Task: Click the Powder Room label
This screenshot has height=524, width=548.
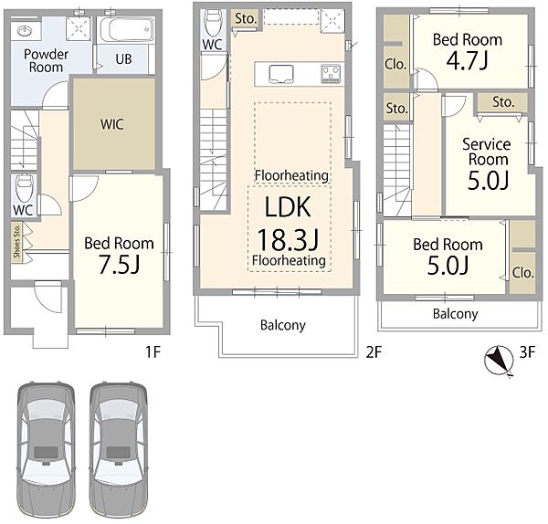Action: [46, 60]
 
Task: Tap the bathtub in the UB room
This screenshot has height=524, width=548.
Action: [127, 30]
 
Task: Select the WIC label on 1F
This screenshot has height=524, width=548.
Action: [111, 124]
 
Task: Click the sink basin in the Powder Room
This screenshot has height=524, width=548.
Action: [25, 31]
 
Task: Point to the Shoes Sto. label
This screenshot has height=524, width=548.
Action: [16, 241]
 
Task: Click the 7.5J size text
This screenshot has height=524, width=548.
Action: [119, 264]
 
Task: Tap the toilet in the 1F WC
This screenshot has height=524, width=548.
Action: [24, 189]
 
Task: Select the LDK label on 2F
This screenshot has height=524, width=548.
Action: [288, 207]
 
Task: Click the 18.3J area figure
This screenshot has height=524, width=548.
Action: [289, 240]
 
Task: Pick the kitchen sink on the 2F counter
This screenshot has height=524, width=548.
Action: [281, 75]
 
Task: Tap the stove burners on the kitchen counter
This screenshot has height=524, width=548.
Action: [331, 74]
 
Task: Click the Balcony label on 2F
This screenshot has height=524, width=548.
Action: [283, 325]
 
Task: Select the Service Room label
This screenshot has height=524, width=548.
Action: [487, 152]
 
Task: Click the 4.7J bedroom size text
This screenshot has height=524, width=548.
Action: [467, 61]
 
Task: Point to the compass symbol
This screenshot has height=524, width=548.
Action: [499, 361]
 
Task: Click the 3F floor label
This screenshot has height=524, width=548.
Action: [527, 352]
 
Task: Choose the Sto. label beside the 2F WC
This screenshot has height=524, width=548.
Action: [246, 18]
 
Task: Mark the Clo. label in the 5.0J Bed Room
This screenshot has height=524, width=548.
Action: [522, 273]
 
